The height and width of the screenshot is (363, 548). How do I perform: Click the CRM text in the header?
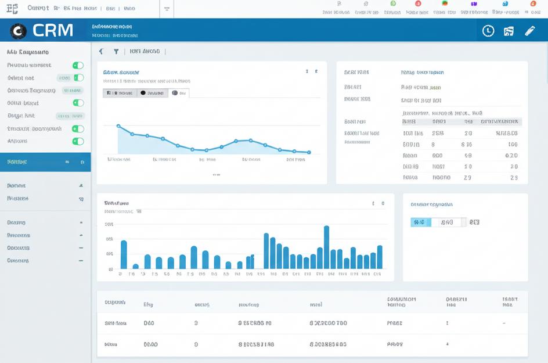click(53, 30)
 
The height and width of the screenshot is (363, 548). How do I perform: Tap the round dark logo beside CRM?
click(19, 31)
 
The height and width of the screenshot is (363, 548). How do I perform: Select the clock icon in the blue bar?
click(488, 31)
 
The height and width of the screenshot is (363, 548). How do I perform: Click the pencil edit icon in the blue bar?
click(530, 31)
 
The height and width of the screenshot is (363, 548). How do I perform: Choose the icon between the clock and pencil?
click(509, 31)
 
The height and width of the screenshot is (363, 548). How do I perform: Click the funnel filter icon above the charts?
click(116, 51)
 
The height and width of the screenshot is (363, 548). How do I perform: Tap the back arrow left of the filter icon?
click(101, 51)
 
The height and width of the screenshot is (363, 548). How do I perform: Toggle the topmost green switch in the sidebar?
click(78, 65)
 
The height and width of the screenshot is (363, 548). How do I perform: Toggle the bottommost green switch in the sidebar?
click(78, 141)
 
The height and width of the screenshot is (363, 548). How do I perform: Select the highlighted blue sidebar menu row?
click(45, 162)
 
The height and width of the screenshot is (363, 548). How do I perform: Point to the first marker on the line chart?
click(118, 125)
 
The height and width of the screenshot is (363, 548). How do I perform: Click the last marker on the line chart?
click(309, 152)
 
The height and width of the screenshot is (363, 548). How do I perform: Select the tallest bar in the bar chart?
click(326, 247)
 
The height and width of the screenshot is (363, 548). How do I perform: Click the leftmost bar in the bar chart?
click(124, 254)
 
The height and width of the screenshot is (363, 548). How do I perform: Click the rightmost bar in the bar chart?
click(380, 257)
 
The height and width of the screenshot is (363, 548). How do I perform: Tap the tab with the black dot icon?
click(153, 93)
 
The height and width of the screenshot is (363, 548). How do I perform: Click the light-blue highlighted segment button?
click(420, 222)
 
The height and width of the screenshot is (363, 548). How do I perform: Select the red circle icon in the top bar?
click(418, 3)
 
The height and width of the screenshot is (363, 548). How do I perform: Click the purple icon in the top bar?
click(473, 3)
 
